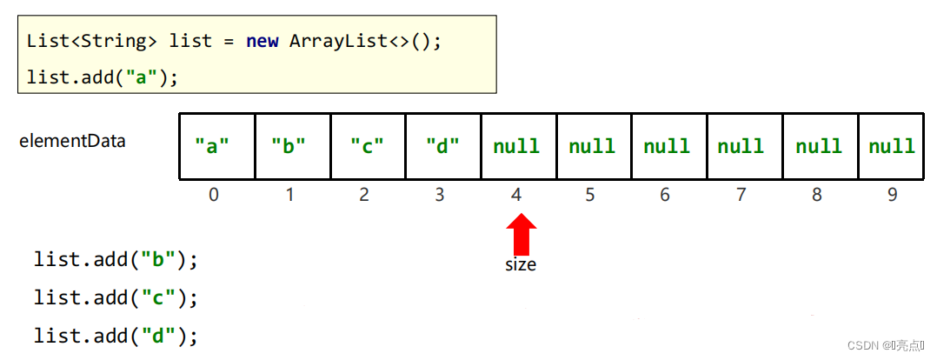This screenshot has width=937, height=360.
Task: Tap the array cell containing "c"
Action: pos(368,146)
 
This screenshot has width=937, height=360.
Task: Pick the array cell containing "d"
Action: pos(442,146)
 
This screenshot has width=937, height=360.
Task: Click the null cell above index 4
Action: pos(517,146)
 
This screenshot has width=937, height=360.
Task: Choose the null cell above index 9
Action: pos(892,146)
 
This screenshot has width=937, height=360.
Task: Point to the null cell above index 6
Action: pos(668,146)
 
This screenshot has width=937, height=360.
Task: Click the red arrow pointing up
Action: pos(521,235)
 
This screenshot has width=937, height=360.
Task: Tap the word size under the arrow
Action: pos(521,264)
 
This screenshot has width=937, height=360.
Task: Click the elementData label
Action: pos(72,140)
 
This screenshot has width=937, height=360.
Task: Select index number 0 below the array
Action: pos(214,195)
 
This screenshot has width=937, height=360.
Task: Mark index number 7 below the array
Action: pos(741,195)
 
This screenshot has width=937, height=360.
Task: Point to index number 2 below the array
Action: pos(363,195)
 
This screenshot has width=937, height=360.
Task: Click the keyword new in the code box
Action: pos(262,41)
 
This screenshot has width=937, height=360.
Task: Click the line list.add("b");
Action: pos(116,259)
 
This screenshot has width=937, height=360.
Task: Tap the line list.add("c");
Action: pos(116,297)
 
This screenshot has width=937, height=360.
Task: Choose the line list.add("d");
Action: pos(116,336)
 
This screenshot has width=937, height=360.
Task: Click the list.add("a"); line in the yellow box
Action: pos(103,77)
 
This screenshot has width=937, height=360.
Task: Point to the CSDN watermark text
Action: pos(885,345)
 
